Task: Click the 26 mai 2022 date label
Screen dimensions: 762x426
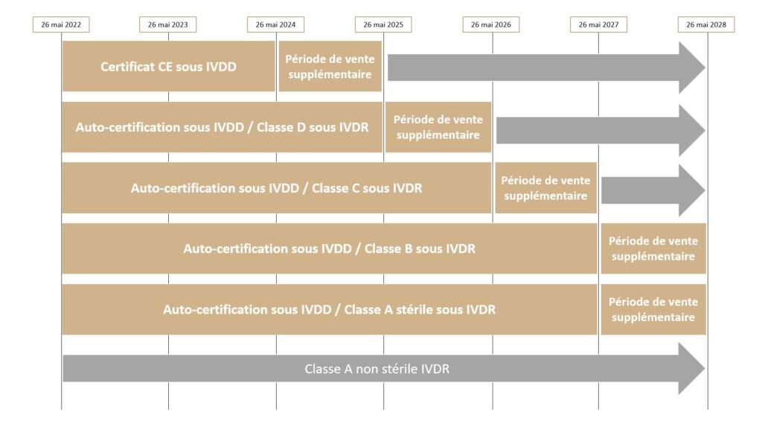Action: (x=61, y=25)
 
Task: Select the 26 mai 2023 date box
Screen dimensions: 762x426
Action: (x=167, y=25)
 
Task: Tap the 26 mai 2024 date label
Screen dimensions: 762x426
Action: (x=275, y=25)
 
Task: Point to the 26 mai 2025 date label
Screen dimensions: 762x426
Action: (x=383, y=25)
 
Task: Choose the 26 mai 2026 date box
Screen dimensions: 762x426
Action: (x=491, y=25)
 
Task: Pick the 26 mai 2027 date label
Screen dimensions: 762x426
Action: (x=599, y=25)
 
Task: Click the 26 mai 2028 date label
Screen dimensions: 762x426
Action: (x=706, y=25)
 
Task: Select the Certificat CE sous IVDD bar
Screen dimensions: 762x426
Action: (x=169, y=66)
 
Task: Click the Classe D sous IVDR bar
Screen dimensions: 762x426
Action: (x=222, y=127)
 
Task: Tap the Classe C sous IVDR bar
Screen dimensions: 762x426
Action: (x=277, y=188)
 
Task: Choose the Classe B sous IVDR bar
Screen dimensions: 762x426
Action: (x=330, y=249)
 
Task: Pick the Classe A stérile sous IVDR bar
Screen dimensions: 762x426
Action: (x=330, y=309)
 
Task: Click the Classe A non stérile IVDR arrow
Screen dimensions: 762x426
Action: (x=383, y=369)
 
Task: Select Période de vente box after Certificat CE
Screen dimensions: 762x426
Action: (x=330, y=66)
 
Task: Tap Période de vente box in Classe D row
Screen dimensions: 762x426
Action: (x=438, y=127)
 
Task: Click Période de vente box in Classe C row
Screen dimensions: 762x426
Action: (x=545, y=188)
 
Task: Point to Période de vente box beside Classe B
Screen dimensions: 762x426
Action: (x=653, y=249)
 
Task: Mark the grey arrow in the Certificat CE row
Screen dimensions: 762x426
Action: (x=546, y=68)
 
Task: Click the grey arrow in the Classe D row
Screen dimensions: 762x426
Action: (x=601, y=130)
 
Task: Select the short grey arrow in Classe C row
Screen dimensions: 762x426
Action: (x=653, y=190)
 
